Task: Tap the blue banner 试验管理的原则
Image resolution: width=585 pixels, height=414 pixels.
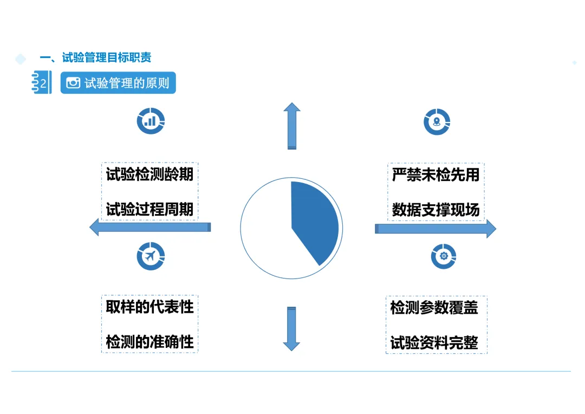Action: pyautogui.click(x=118, y=83)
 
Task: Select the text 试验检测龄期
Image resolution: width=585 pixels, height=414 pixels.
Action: pyautogui.click(x=149, y=174)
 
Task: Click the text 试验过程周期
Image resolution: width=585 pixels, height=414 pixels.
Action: pyautogui.click(x=149, y=209)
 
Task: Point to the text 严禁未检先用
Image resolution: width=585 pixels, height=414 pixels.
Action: pyautogui.click(x=435, y=174)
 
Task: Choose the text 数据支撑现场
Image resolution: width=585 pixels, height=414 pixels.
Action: pyautogui.click(x=435, y=209)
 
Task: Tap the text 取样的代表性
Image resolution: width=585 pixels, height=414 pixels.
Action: pyautogui.click(x=149, y=307)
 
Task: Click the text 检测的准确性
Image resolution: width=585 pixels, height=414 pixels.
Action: pyautogui.click(x=149, y=342)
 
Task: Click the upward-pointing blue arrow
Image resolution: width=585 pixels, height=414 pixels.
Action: pyautogui.click(x=292, y=126)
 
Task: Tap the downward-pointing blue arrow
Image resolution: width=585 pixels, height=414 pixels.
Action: pyautogui.click(x=292, y=328)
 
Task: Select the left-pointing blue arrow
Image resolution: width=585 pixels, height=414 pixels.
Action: pyautogui.click(x=149, y=227)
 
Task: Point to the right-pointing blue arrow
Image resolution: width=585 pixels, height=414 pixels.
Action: pyautogui.click(x=435, y=229)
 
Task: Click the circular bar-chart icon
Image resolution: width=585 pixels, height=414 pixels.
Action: pyautogui.click(x=151, y=121)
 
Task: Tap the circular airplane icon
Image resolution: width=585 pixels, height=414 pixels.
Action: pyautogui.click(x=151, y=256)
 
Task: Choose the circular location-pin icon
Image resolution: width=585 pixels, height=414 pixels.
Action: pyautogui.click(x=437, y=121)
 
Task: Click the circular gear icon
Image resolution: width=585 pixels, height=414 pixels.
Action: pyautogui.click(x=444, y=256)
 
